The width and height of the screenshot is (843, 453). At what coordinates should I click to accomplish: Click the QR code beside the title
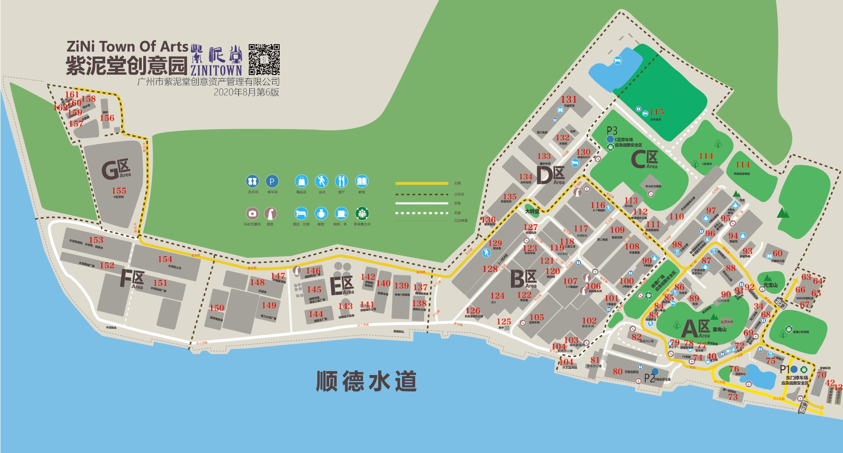[x=264, y=59]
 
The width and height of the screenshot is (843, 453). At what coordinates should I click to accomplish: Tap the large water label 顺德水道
[x=366, y=381]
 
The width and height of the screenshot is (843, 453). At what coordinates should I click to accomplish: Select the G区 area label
[x=116, y=170]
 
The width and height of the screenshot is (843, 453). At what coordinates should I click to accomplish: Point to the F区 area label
[x=132, y=279]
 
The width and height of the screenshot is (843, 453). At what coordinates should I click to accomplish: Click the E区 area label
[x=342, y=286]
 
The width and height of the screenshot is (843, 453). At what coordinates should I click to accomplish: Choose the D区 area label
[x=550, y=175]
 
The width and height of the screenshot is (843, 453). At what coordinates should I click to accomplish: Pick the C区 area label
[x=644, y=159]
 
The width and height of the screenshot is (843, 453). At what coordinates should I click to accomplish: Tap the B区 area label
[x=523, y=279]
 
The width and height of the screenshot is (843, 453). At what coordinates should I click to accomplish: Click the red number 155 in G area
[x=119, y=191]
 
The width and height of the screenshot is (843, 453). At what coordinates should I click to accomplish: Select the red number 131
[x=569, y=99]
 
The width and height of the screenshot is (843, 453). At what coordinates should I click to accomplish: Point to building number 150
[x=216, y=308]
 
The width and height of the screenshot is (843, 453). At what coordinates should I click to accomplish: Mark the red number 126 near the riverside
[x=472, y=311]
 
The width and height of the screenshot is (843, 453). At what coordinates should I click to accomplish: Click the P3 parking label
[x=612, y=130]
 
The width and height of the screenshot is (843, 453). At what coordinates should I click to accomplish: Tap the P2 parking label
[x=649, y=378]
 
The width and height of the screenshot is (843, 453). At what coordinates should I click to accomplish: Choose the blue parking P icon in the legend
[x=272, y=181]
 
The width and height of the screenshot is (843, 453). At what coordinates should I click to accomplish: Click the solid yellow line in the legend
[x=421, y=183]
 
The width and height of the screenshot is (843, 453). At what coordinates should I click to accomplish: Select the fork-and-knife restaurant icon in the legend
[x=342, y=181]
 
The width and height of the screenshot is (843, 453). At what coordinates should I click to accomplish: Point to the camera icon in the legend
[x=252, y=213]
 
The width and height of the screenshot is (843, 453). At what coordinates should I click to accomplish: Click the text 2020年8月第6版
[x=246, y=92]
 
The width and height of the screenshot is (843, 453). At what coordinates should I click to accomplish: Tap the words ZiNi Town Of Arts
[x=127, y=47]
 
